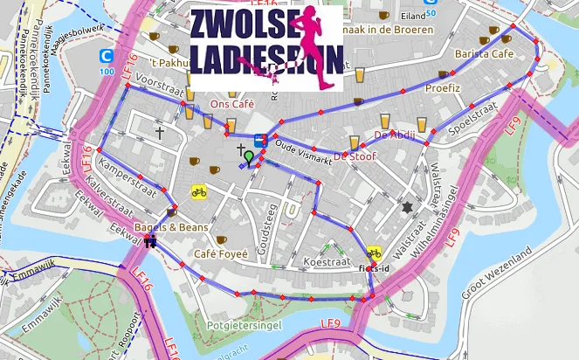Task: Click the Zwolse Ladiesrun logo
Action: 266,47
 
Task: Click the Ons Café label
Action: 232,104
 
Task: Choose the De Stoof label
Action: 354,156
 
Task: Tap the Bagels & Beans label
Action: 171,228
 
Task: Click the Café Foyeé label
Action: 222,253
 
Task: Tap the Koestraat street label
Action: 325,262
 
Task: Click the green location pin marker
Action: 249,157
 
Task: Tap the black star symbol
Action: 406,207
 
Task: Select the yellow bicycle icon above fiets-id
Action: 374,252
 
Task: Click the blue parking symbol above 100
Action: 107,55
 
